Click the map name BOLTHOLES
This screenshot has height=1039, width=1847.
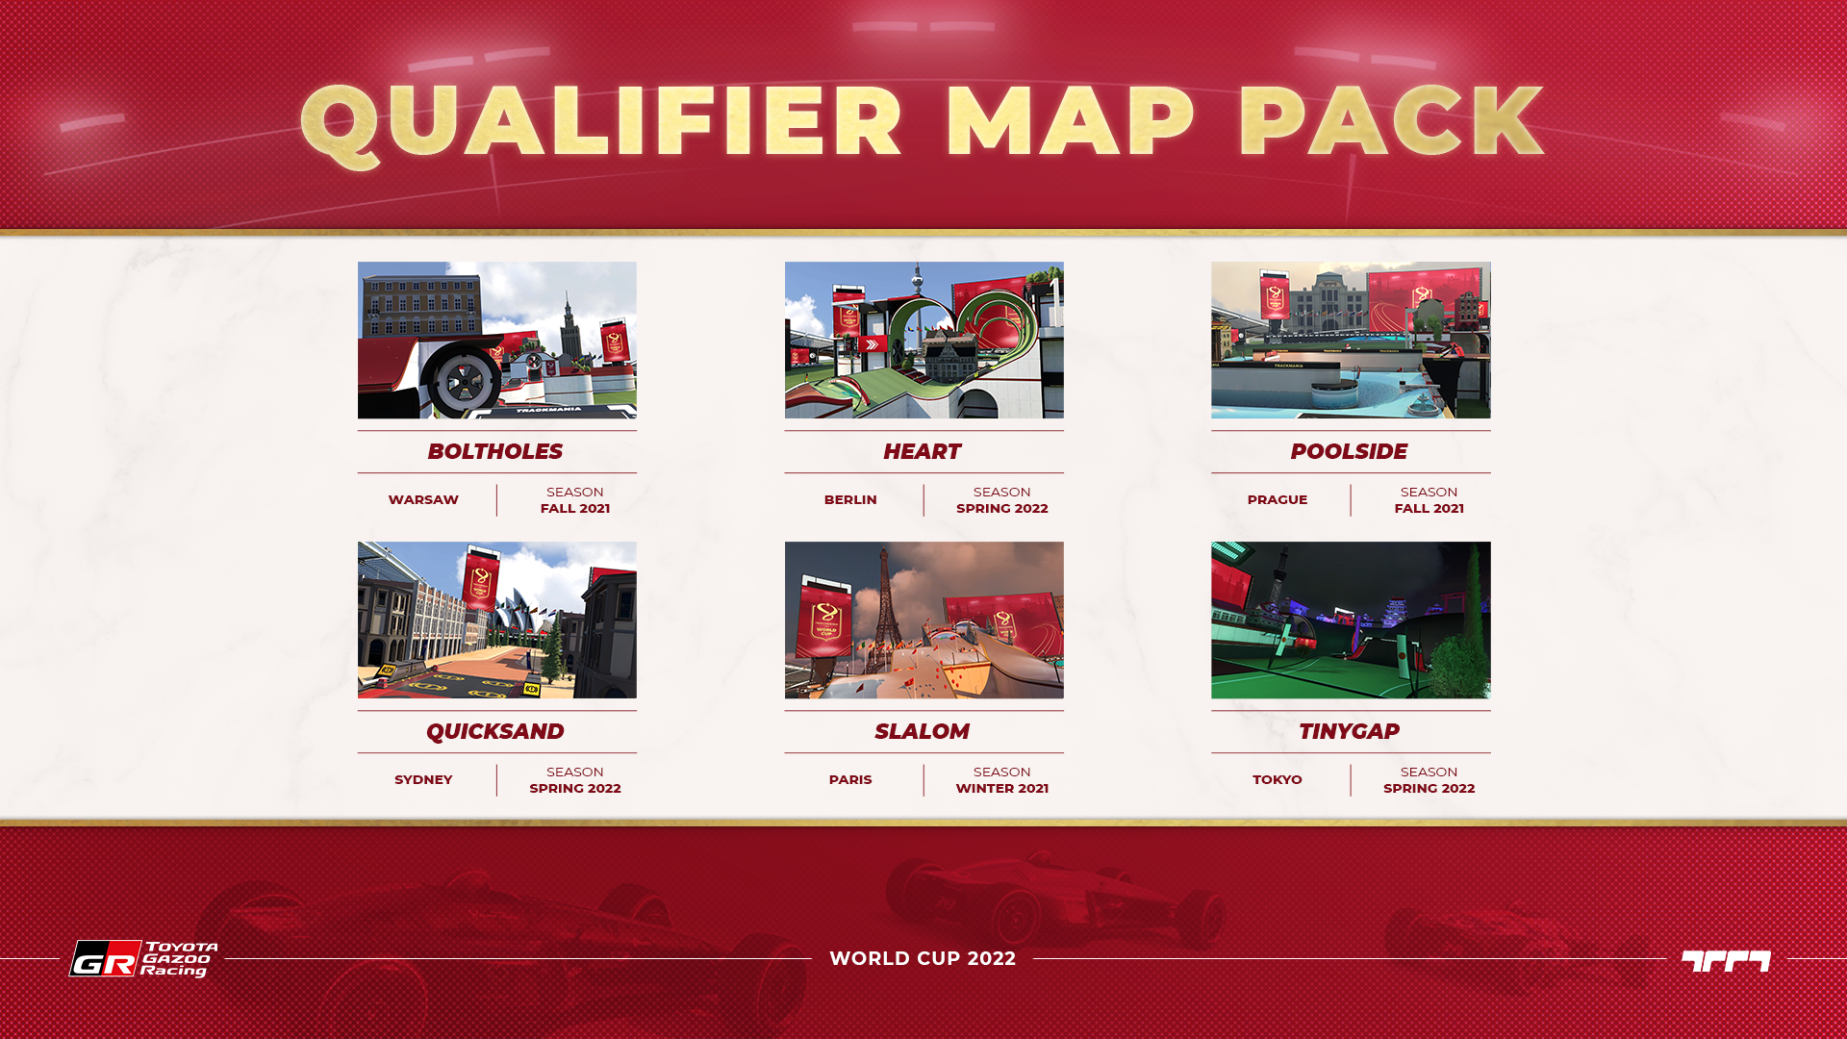click(x=495, y=451)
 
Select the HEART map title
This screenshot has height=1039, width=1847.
click(x=922, y=451)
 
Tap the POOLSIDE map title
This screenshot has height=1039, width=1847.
click(x=1349, y=451)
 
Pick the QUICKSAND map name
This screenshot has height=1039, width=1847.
click(x=495, y=731)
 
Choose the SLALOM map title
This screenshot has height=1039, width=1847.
click(x=922, y=731)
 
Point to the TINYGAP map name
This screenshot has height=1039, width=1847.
click(x=1349, y=731)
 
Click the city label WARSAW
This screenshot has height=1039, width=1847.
click(x=423, y=499)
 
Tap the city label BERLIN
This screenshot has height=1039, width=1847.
click(x=850, y=499)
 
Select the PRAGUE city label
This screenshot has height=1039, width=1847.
click(x=1278, y=499)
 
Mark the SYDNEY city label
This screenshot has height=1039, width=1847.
click(x=423, y=779)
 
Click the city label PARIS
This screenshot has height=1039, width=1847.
click(x=850, y=779)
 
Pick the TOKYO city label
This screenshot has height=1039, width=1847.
click(x=1278, y=779)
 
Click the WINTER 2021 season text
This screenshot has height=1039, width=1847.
click(x=1002, y=788)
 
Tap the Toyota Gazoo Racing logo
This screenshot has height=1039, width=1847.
click(x=143, y=958)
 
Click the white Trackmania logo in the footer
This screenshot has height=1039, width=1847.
click(x=1726, y=960)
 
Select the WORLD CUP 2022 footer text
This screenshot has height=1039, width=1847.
click(x=923, y=958)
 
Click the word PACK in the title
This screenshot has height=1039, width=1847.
click(x=1390, y=121)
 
